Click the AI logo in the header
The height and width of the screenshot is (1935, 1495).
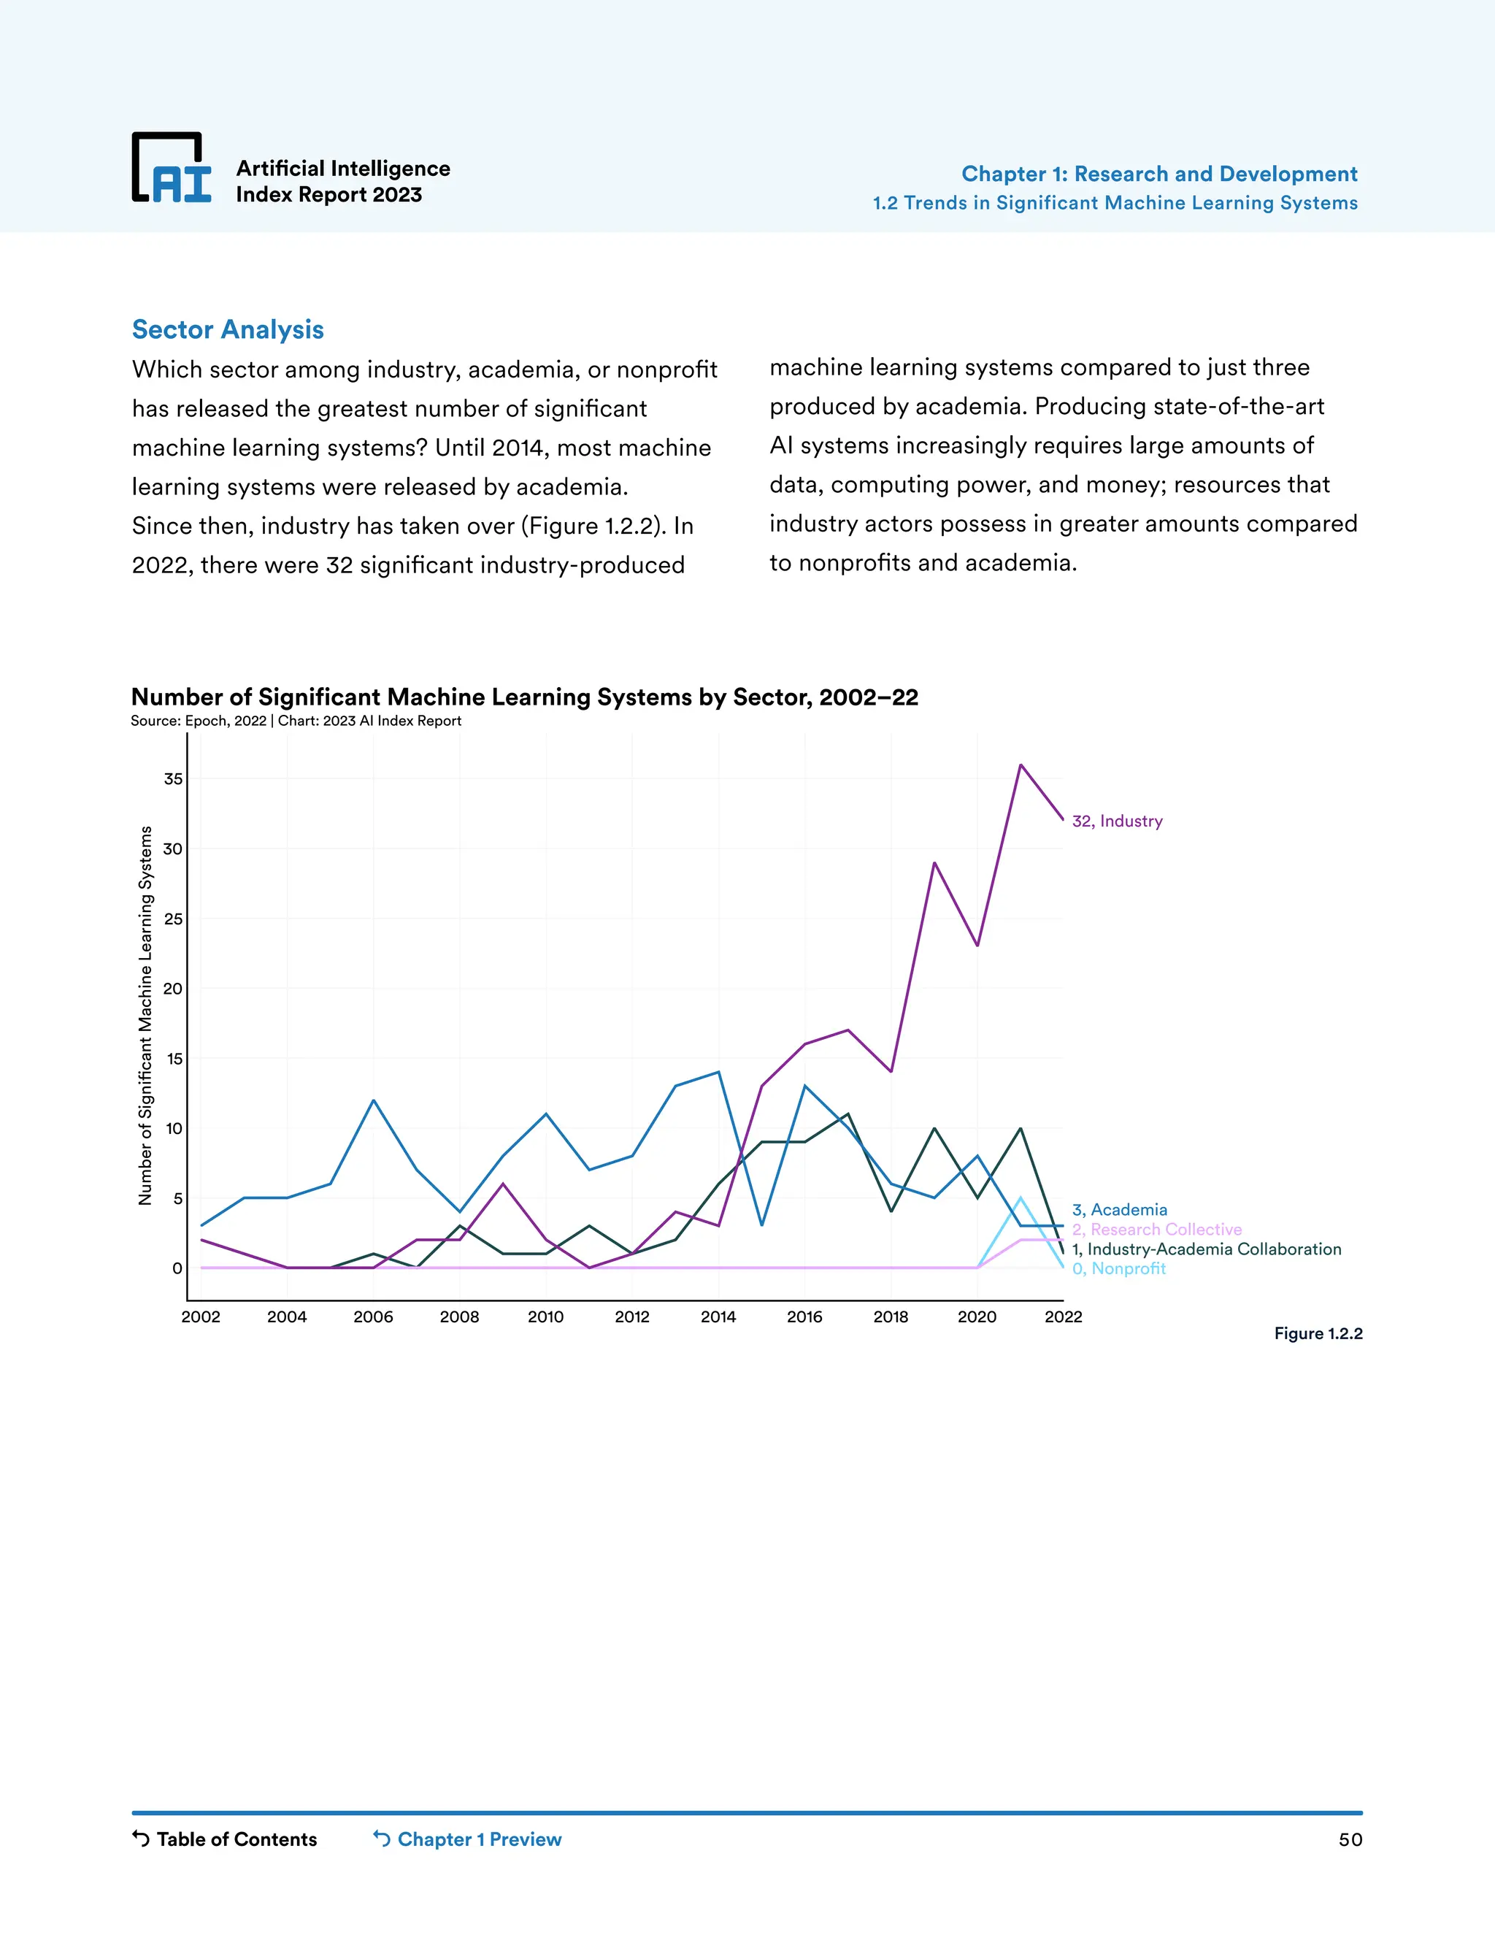(172, 169)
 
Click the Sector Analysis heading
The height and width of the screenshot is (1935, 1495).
(228, 329)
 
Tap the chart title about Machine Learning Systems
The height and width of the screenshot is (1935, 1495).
(524, 697)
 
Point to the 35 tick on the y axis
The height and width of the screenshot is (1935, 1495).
(174, 780)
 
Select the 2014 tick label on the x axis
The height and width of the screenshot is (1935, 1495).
(718, 1317)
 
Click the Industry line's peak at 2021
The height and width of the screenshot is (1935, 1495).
(1021, 765)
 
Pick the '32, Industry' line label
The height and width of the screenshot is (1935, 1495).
(1117, 821)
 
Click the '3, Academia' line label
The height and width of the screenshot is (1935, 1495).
(1120, 1210)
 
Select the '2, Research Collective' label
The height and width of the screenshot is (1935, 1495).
(1157, 1230)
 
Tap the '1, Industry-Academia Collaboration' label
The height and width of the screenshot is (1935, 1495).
(1206, 1249)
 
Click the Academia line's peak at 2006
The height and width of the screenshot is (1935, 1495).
(374, 1100)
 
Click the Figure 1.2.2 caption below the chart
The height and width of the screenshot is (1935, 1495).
(1318, 1333)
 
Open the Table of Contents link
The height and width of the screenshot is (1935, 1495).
(225, 1839)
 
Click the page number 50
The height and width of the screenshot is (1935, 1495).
(1350, 1840)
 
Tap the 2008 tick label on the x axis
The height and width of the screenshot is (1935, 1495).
(460, 1317)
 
